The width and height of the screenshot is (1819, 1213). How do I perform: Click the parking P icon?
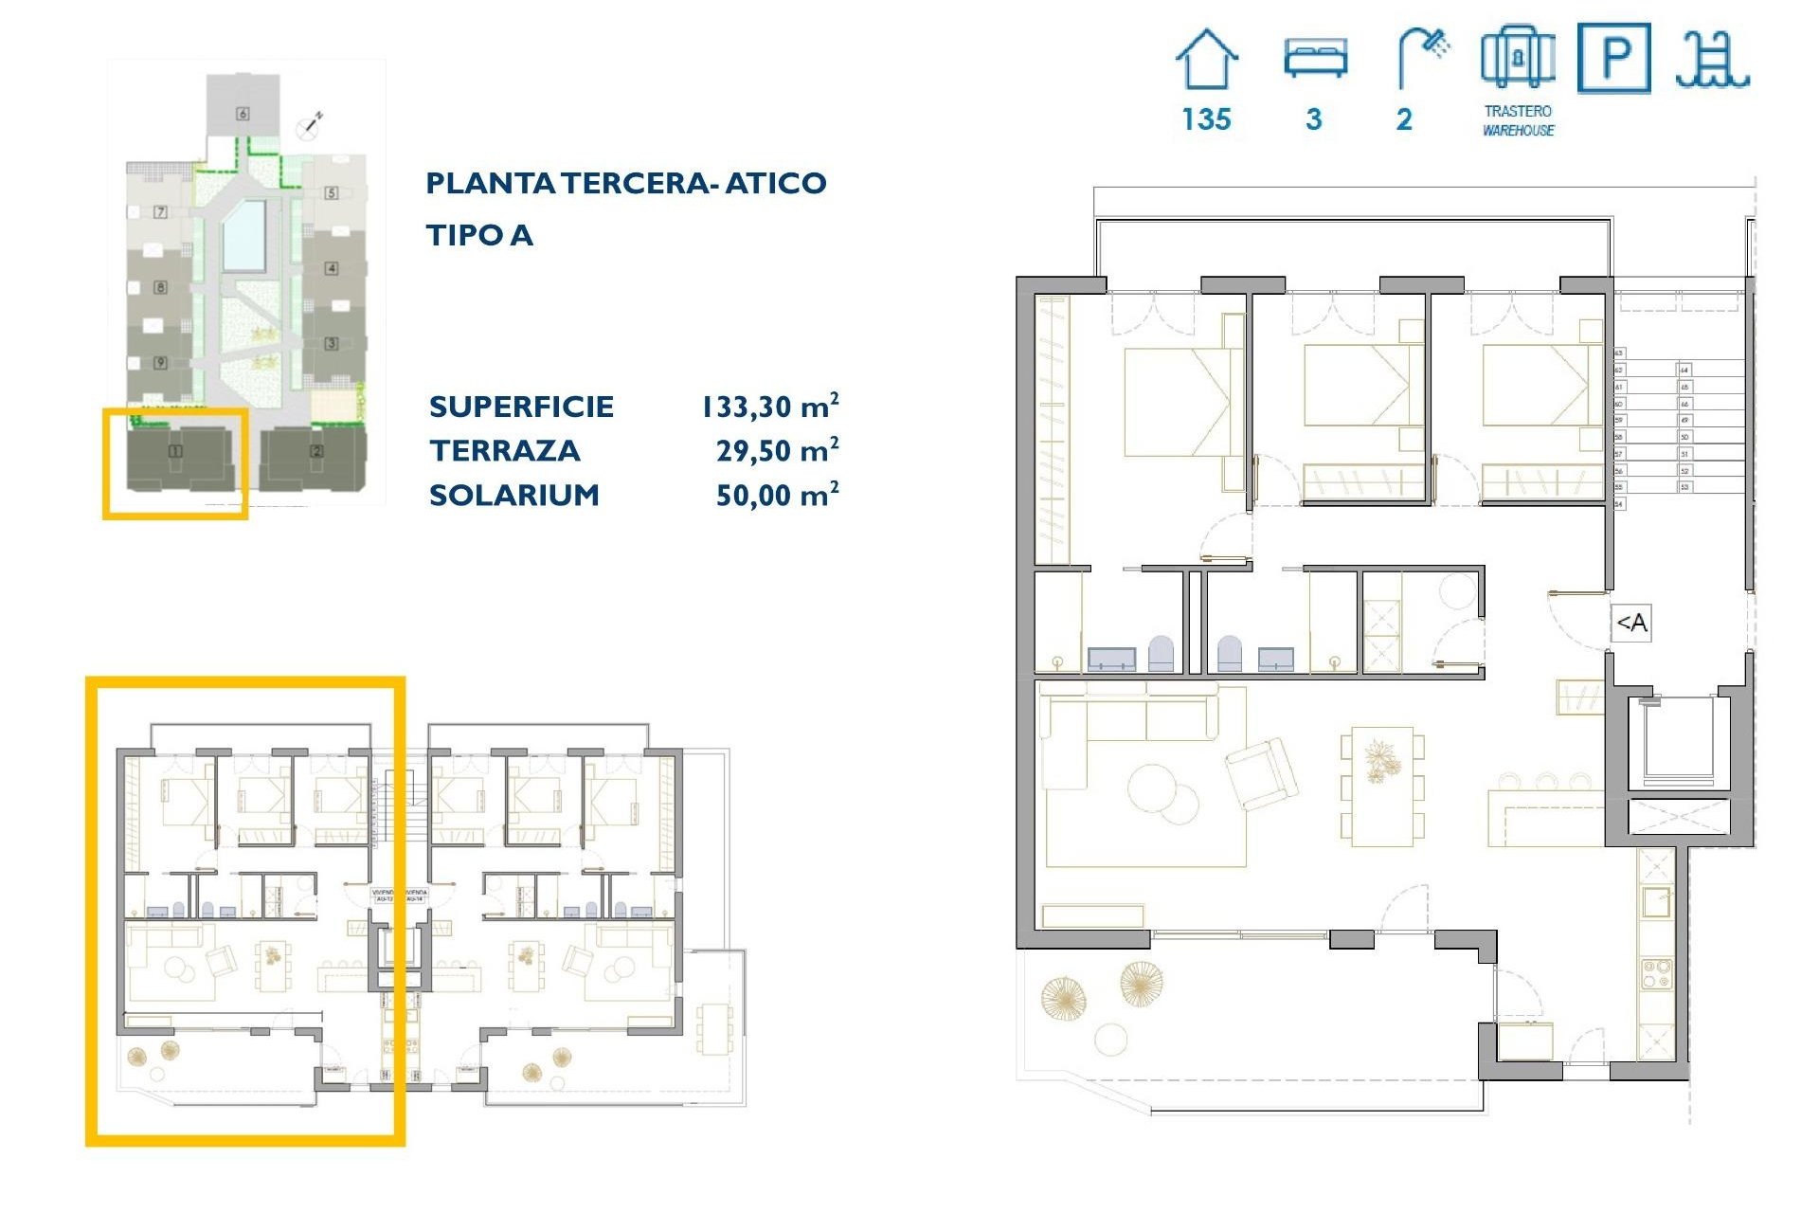[1613, 59]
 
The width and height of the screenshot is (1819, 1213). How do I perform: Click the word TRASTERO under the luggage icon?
[1518, 111]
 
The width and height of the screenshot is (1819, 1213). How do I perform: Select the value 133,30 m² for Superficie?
[769, 407]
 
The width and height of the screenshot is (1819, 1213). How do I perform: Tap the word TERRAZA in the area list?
[504, 451]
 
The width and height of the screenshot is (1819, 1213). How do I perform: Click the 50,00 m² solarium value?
[777, 495]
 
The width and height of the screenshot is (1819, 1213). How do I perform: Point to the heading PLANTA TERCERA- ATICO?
[625, 183]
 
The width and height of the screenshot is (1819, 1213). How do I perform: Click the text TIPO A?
[479, 235]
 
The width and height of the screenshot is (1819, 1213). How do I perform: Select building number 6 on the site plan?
[243, 114]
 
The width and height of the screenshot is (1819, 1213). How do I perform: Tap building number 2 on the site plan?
[316, 451]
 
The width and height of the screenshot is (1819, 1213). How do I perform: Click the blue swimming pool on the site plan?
[243, 235]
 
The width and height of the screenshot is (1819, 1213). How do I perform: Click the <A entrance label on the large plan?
[1630, 623]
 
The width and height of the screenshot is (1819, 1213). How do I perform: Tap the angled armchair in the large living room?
[1261, 771]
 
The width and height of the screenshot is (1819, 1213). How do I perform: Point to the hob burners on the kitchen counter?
[1655, 972]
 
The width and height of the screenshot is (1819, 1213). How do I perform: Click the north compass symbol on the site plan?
[310, 123]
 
